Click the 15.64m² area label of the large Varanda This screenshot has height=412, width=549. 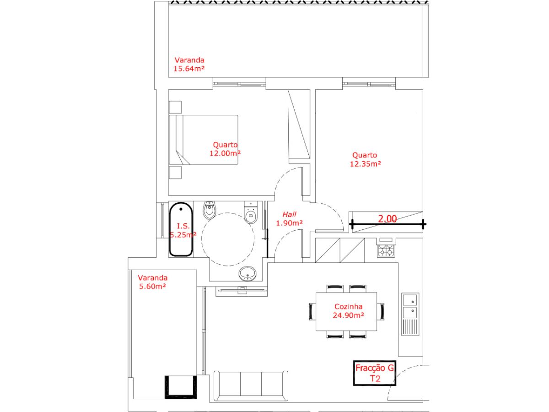coord(189,68)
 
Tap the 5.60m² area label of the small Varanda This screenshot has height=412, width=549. coord(152,286)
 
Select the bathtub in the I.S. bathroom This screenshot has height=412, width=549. coord(181,229)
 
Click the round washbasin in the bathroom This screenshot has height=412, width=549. coord(248,273)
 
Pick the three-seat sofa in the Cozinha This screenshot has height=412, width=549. coord(251,386)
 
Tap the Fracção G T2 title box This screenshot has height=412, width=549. coord(374,373)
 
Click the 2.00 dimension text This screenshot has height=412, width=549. coord(387,219)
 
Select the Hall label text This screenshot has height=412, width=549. coord(290,214)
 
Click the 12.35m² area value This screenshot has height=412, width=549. coord(365,164)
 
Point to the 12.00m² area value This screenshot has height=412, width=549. coord(225,153)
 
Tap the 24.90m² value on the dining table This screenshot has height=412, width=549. coord(348,315)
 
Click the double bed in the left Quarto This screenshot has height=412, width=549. coord(203,140)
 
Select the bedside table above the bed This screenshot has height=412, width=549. coord(175,107)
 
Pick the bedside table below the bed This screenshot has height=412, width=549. coord(175,173)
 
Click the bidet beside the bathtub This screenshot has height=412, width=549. coord(209,210)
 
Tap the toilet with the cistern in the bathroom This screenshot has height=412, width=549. coord(251,212)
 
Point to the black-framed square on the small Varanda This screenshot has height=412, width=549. coord(181,387)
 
